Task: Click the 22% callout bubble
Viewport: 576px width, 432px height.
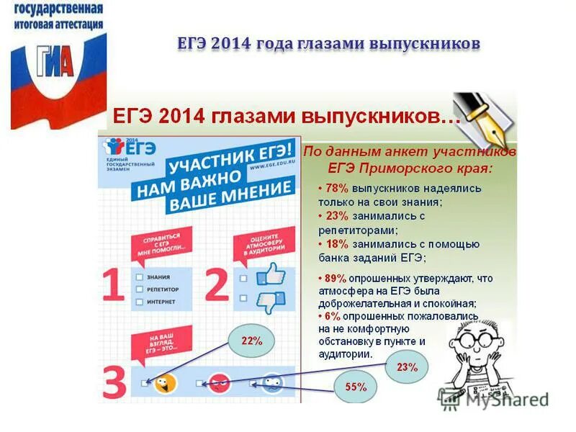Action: pyautogui.click(x=251, y=341)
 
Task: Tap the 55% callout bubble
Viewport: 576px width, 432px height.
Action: pyautogui.click(x=356, y=387)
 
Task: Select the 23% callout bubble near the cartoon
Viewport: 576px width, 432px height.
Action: pyautogui.click(x=406, y=367)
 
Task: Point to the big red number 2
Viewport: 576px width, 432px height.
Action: pyautogui.click(x=217, y=285)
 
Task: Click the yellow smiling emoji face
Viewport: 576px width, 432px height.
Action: pyautogui.click(x=166, y=382)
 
